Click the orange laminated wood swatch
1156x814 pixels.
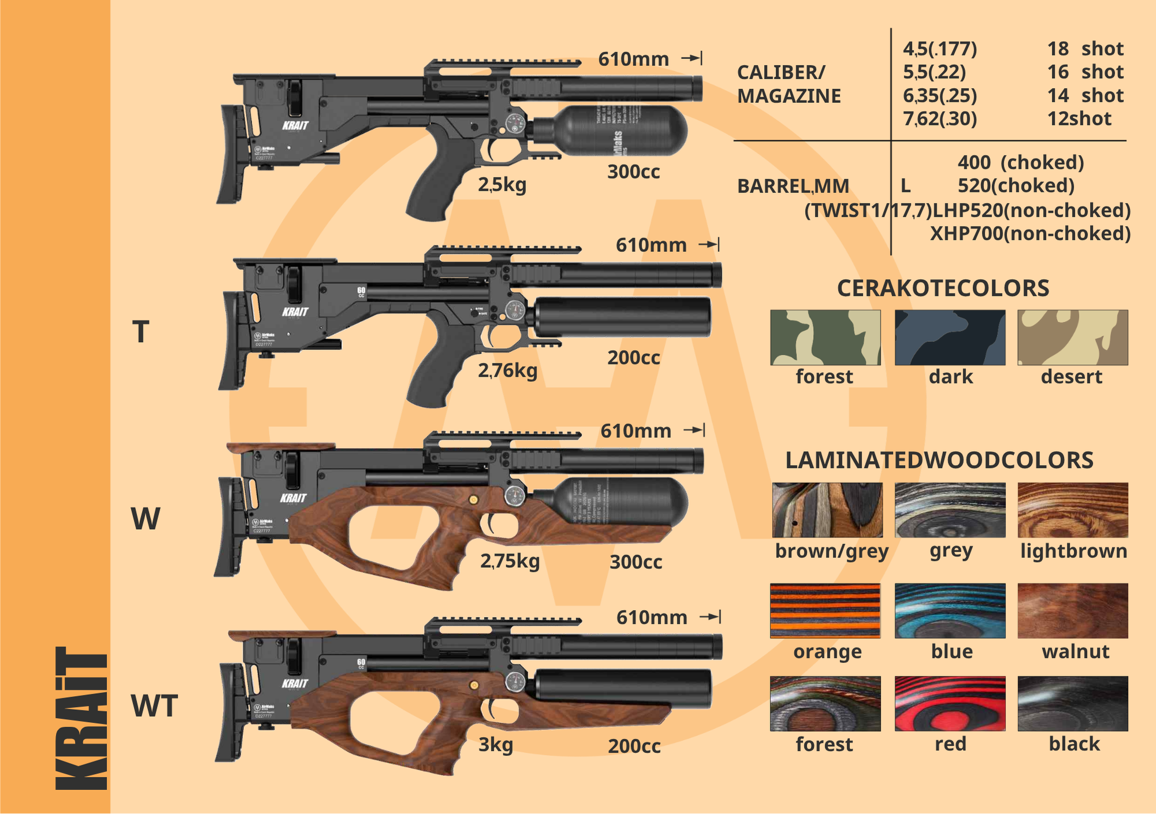[x=825, y=611]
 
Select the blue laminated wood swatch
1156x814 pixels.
[x=950, y=611]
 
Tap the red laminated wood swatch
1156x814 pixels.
[x=950, y=703]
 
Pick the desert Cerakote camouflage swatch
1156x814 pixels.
[x=1072, y=337]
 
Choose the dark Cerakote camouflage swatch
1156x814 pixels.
[x=950, y=337]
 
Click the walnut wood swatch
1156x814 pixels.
[x=1072, y=611]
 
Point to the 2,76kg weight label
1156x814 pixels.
[x=507, y=370]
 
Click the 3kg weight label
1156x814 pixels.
[x=495, y=745]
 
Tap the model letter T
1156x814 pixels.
[x=140, y=332]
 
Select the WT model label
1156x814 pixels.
[x=154, y=706]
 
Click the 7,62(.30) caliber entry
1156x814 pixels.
[x=940, y=118]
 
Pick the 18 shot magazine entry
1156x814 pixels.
[x=1085, y=49]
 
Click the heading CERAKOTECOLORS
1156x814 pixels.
[x=943, y=288]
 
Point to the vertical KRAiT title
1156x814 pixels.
[x=81, y=718]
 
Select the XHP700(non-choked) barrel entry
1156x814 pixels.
[x=1030, y=233]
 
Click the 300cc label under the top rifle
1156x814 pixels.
[x=633, y=172]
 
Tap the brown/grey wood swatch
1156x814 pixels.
[x=827, y=510]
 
